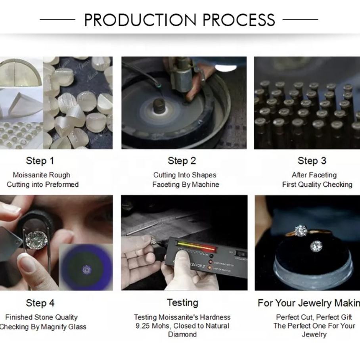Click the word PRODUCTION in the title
pyautogui.click(x=140, y=20)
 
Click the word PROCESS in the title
pyautogui.click(x=239, y=20)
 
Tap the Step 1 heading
pyautogui.click(x=40, y=161)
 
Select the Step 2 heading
pyautogui.click(x=182, y=161)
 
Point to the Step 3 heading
pyautogui.click(x=312, y=161)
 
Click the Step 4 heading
pyautogui.click(x=40, y=303)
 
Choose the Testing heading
pyautogui.click(x=182, y=303)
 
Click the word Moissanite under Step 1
pyautogui.click(x=29, y=175)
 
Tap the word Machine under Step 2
pyautogui.click(x=205, y=184)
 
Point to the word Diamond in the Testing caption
pyautogui.click(x=182, y=334)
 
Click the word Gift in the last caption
pyautogui.click(x=347, y=317)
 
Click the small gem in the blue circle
pyautogui.click(x=86, y=270)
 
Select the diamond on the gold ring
pyautogui.click(x=301, y=230)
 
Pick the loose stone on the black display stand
pyautogui.click(x=316, y=246)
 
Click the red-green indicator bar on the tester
pyautogui.click(x=196, y=246)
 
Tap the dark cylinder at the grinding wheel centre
pyautogui.click(x=159, y=106)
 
